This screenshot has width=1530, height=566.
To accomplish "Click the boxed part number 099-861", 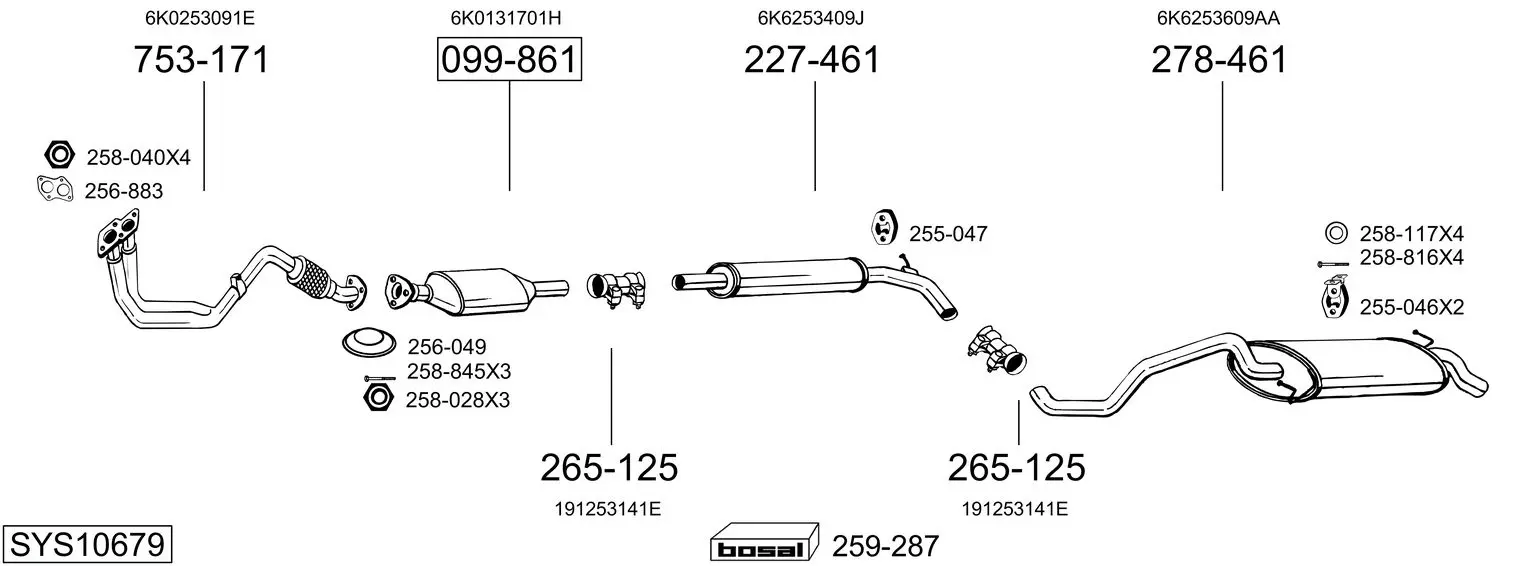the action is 510,59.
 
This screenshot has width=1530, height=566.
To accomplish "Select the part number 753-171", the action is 201,59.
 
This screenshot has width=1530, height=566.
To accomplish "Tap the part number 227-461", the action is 812,59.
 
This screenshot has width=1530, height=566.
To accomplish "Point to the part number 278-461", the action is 1219,59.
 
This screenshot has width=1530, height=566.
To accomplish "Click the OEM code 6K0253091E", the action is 199,18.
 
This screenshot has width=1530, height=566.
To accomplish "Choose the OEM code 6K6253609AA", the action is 1218,18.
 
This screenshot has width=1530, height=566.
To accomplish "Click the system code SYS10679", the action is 87,544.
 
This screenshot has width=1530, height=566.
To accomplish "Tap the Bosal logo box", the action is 764,542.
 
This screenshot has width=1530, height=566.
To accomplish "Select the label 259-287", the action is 885,546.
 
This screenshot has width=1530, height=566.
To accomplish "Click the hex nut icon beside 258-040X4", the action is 59,155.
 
